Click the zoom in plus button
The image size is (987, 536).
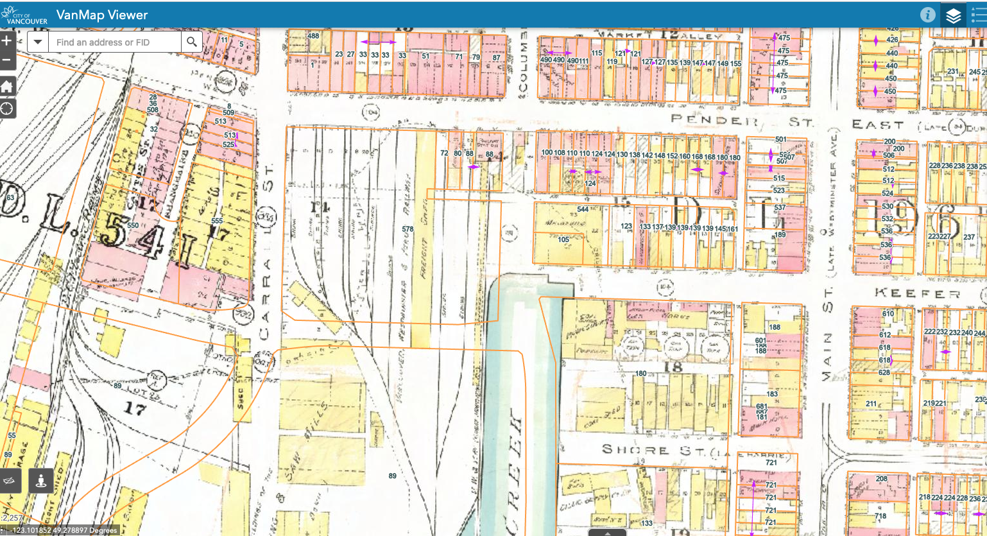[x=6, y=40]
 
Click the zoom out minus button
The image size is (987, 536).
[x=6, y=60]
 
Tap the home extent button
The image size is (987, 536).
[x=7, y=86]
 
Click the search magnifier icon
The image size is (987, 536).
[x=191, y=42]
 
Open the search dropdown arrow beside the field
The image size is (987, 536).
[x=38, y=42]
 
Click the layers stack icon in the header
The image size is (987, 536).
[x=954, y=15]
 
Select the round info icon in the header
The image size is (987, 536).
[x=927, y=15]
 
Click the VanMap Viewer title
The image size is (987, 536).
[x=102, y=15]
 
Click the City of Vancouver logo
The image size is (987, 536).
[x=24, y=15]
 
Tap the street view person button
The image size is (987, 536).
[x=40, y=480]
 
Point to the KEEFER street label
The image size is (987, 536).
[x=917, y=294]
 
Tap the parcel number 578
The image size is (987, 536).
[x=408, y=229]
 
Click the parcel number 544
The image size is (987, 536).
[x=583, y=210]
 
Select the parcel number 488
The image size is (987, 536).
[x=313, y=36]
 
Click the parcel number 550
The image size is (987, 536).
[x=133, y=226]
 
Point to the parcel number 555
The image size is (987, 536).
[x=217, y=221]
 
